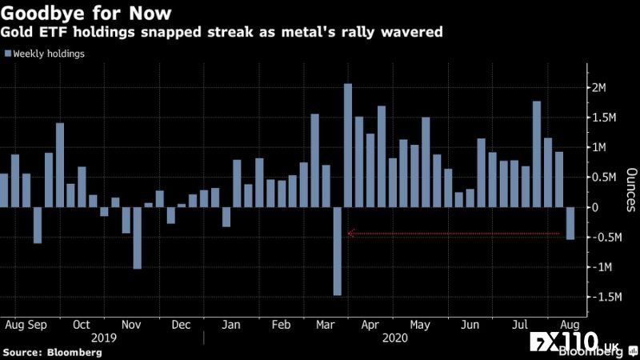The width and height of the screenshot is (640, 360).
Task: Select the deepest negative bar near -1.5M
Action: (x=337, y=251)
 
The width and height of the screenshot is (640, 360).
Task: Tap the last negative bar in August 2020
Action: (x=570, y=222)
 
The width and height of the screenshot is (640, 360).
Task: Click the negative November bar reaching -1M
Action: (x=138, y=238)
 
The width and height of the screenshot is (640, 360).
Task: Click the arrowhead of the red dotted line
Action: (x=350, y=234)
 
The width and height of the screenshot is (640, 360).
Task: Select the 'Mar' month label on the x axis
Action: (x=325, y=326)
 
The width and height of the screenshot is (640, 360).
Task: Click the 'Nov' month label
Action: (x=131, y=326)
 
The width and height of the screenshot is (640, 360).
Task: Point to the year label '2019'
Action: (x=102, y=338)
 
